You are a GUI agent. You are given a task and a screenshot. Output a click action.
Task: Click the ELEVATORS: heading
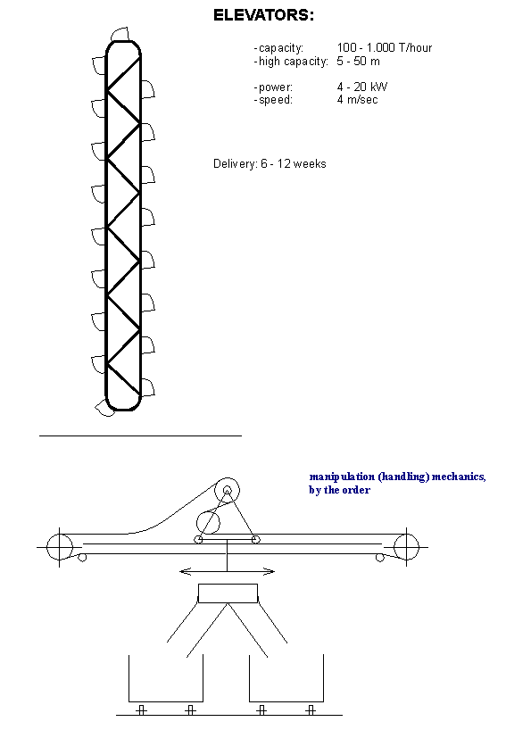(x=263, y=15)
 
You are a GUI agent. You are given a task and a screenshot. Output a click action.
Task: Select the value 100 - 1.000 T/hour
(x=385, y=48)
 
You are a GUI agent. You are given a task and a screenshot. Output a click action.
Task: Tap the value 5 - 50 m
(x=359, y=62)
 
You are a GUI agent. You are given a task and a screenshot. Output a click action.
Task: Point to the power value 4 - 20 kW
(x=362, y=87)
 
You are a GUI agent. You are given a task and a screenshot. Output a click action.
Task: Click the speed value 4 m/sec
(x=358, y=100)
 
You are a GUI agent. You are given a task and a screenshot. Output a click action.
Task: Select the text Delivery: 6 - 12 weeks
(x=270, y=164)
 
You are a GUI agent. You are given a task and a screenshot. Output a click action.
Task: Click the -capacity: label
(x=278, y=48)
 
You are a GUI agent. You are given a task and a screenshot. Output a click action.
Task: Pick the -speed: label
(x=273, y=100)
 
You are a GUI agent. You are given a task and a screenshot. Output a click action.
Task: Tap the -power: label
(x=273, y=87)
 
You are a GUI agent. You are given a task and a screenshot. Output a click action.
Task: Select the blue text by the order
(x=339, y=490)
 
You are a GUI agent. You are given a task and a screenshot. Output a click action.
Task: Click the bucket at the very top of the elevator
(x=120, y=35)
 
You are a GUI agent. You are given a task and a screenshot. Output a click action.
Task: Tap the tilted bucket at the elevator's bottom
(x=104, y=409)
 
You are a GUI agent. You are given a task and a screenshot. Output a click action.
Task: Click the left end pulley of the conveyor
(x=60, y=546)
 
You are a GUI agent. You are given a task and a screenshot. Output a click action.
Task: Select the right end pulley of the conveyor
(x=406, y=546)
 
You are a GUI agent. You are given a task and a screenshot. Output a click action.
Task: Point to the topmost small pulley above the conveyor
(x=228, y=490)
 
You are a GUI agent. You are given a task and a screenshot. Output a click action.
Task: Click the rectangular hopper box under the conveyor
(x=228, y=593)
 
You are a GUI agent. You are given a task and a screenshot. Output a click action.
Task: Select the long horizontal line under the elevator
(x=141, y=436)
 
